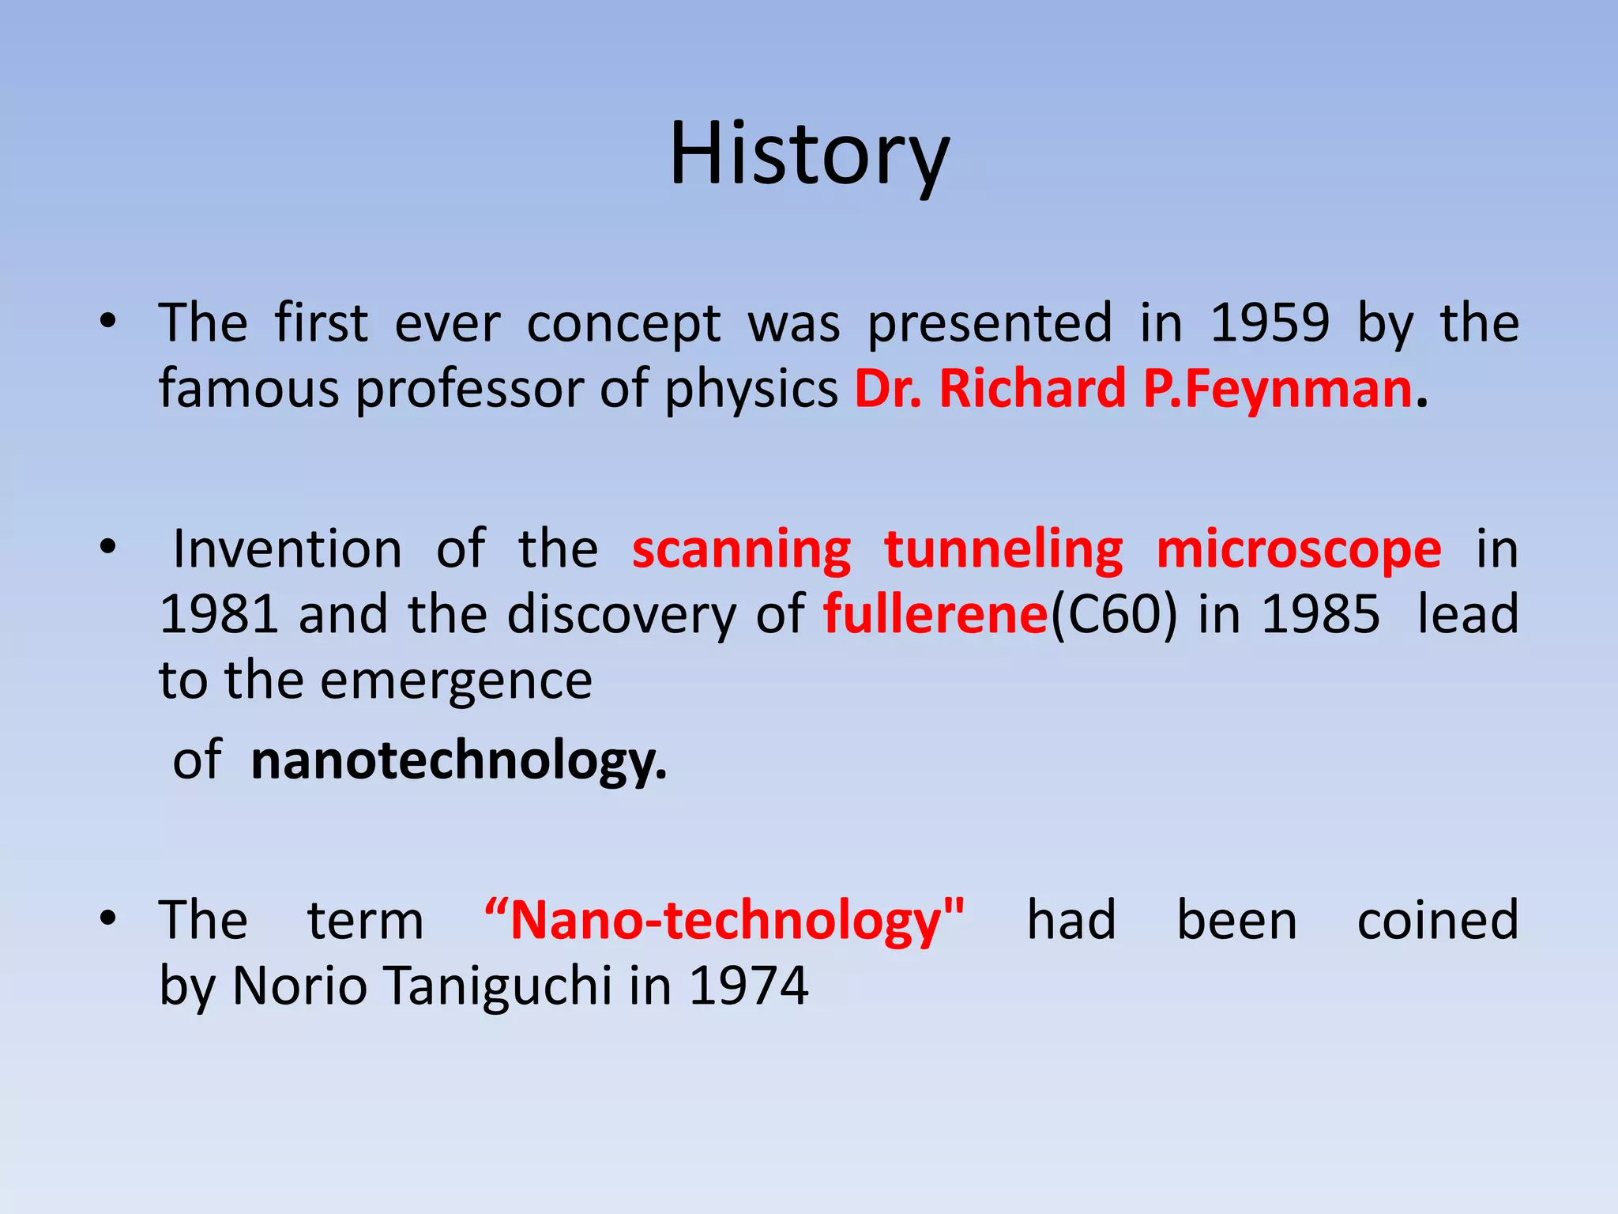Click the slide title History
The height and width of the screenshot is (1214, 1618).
(x=809, y=154)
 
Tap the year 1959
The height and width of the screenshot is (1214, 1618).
(x=1270, y=323)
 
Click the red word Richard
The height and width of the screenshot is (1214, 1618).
(x=1032, y=389)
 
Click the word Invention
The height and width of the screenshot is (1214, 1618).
(x=287, y=549)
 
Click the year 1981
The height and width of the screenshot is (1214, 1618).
(x=219, y=614)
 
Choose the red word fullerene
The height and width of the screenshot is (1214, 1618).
(x=935, y=614)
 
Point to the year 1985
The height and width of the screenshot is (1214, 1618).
(x=1320, y=614)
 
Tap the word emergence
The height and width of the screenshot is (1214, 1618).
(x=456, y=681)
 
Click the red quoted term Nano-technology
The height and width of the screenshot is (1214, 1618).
(x=724, y=921)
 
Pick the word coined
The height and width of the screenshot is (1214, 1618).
(x=1438, y=921)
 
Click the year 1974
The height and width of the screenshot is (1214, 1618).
(x=749, y=986)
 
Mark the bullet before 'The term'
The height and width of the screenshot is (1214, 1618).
(x=108, y=918)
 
